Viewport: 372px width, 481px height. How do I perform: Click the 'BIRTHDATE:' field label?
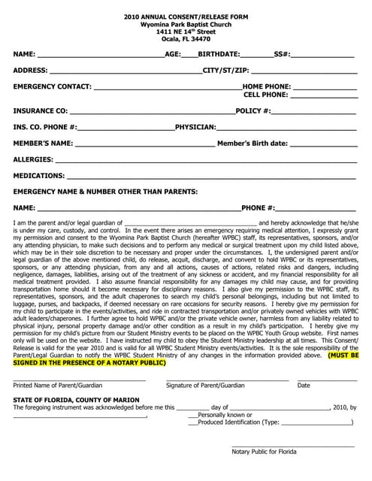pyautogui.click(x=219, y=55)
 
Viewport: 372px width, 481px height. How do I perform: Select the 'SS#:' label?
pyautogui.click(x=282, y=55)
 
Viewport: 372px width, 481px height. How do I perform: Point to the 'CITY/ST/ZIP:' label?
pyautogui.click(x=225, y=71)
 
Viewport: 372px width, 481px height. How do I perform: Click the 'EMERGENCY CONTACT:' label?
pyautogui.click(x=53, y=86)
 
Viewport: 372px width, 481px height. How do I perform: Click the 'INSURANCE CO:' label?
pyautogui.click(x=41, y=111)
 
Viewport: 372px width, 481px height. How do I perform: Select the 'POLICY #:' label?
pyautogui.click(x=253, y=111)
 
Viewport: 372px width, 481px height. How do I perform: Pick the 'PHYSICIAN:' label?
pyautogui.click(x=196, y=127)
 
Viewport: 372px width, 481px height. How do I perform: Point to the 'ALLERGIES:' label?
pyautogui.click(x=34, y=159)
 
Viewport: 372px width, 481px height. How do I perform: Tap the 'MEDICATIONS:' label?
pyautogui.click(x=39, y=175)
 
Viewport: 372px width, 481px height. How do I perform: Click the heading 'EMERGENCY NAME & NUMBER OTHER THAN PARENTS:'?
pyautogui.click(x=106, y=192)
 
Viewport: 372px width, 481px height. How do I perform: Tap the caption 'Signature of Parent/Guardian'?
pyautogui.click(x=205, y=386)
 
